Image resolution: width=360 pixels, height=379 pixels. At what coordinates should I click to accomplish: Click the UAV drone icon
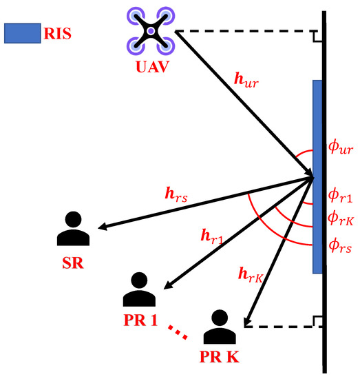coord(149,31)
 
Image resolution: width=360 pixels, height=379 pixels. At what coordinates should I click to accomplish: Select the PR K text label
coord(220,359)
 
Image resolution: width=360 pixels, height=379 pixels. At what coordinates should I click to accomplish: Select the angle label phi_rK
coord(341,219)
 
